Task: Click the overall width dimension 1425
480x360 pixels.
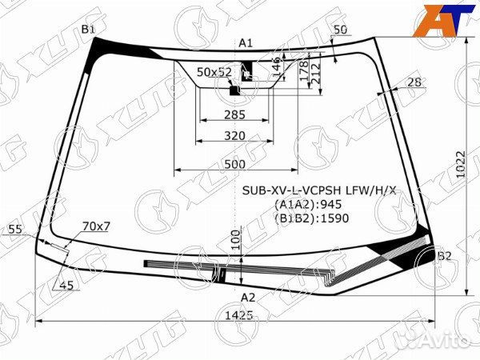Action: click(x=238, y=314)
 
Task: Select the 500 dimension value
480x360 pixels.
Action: click(x=234, y=163)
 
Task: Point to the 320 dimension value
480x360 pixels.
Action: click(x=234, y=135)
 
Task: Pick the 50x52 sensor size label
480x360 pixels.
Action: click(x=214, y=72)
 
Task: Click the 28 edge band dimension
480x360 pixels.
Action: click(x=414, y=82)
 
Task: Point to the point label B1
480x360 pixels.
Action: click(x=88, y=30)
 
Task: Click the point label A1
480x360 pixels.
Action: click(x=246, y=42)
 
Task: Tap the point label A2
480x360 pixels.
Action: click(x=248, y=298)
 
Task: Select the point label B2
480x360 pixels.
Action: click(x=444, y=256)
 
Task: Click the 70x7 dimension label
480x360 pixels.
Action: click(x=96, y=226)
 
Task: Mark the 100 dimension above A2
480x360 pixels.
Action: click(x=234, y=241)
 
